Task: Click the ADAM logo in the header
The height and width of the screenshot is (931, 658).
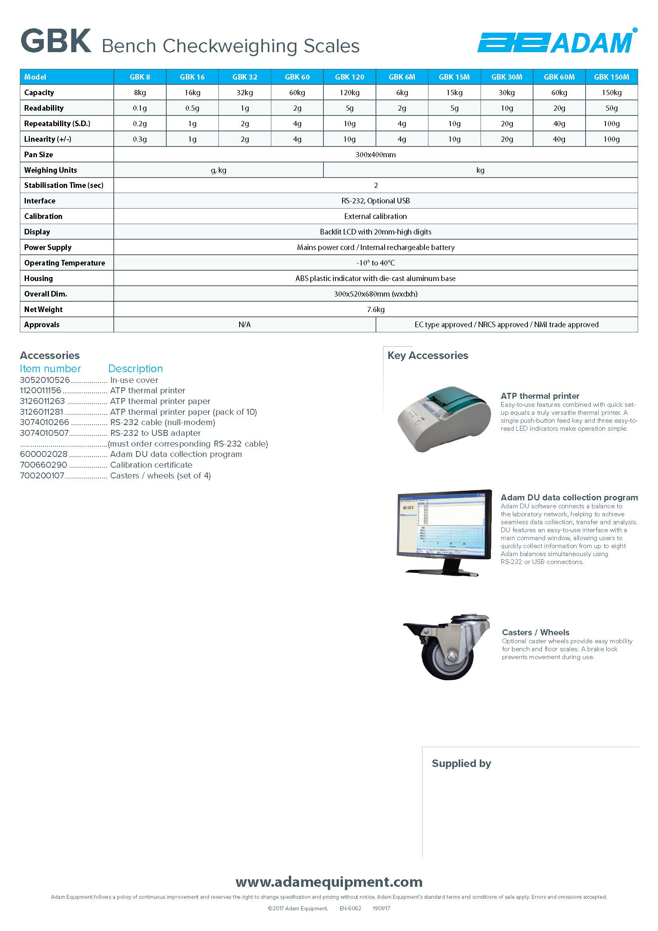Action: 557,43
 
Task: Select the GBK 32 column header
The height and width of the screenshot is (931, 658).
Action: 244,77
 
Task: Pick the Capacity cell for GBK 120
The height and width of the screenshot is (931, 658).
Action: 349,92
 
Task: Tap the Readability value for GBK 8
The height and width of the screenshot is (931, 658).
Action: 140,108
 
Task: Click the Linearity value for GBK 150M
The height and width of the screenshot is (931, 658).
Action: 611,139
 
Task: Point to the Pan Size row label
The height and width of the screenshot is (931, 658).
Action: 39,154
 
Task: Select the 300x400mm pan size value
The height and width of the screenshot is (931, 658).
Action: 375,154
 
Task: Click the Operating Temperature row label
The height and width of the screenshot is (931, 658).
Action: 64,263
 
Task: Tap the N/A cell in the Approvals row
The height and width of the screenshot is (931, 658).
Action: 244,324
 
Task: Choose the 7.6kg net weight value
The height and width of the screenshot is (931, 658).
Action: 376,309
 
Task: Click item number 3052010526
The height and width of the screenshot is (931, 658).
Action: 45,381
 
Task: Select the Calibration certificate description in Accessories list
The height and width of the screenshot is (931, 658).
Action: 151,465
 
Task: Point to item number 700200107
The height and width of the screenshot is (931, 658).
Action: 42,476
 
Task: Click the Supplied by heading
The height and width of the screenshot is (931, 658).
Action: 461,763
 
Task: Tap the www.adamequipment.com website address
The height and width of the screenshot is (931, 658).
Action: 329,882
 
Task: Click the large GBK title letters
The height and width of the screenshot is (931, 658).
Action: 56,41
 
